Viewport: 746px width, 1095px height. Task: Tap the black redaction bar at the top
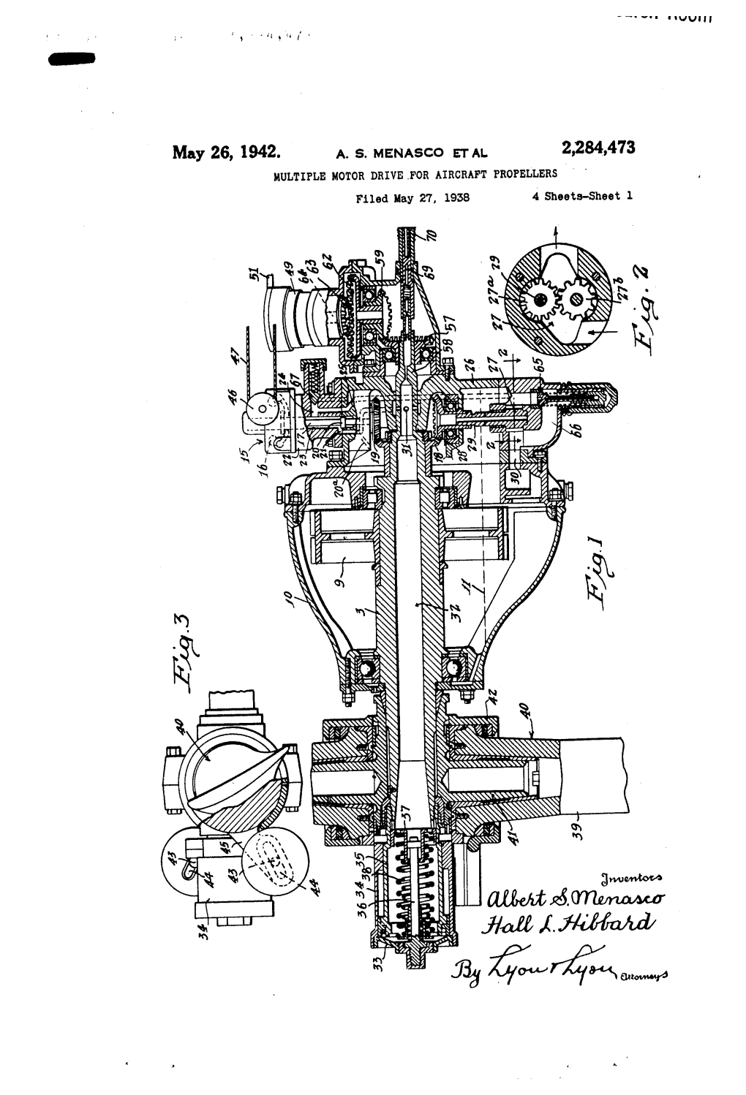pyautogui.click(x=72, y=62)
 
